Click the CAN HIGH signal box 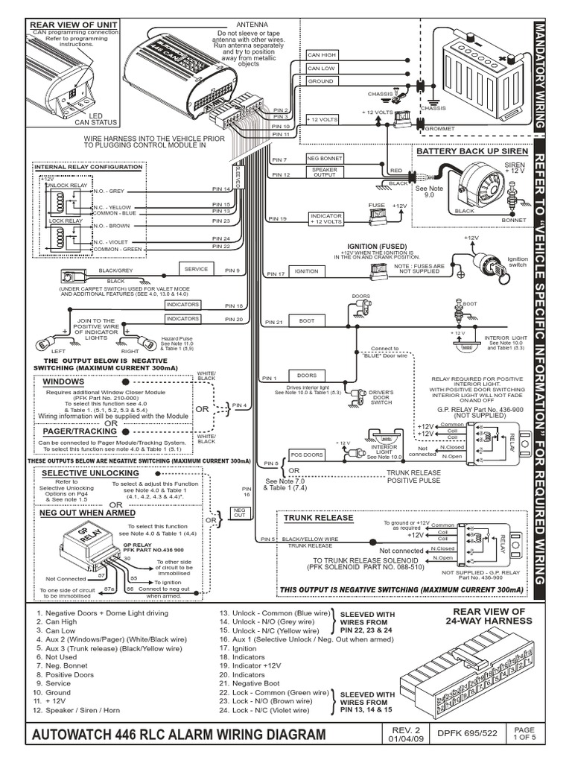coord(322,54)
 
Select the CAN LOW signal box coord(322,68)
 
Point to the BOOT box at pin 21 coord(307,320)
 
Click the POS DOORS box coord(307,453)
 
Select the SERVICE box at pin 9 coord(195,269)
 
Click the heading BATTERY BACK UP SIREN coord(471,151)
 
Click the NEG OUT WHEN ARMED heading coord(88,513)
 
